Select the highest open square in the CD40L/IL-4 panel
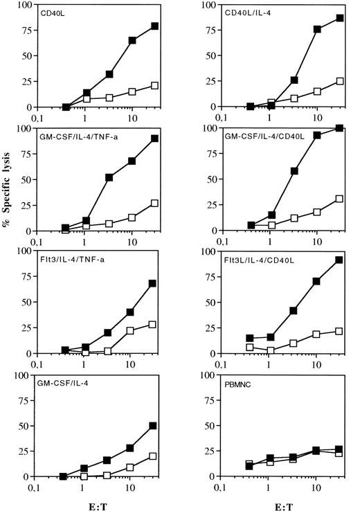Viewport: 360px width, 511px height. coord(340,81)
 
